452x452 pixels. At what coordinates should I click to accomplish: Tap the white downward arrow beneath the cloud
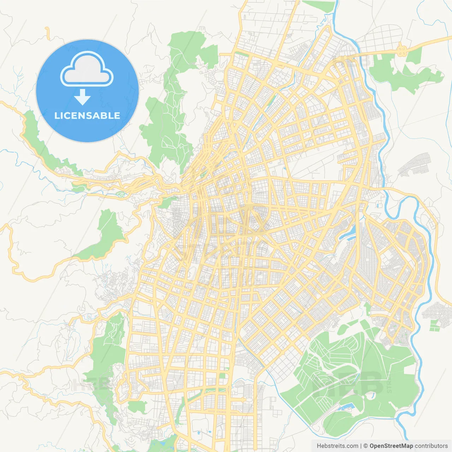[x=82, y=97]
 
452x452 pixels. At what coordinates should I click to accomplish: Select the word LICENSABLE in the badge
[x=87, y=115]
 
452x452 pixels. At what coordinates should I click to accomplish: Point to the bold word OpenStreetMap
[x=391, y=446]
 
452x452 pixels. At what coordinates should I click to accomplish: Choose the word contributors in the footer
[x=431, y=446]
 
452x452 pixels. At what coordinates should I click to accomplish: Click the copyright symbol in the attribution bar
[x=366, y=446]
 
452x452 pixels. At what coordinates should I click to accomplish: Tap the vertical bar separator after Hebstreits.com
[x=361, y=446]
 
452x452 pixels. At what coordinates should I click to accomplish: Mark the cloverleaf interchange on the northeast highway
[x=401, y=50]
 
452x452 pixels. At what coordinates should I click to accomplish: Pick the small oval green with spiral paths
[x=121, y=194]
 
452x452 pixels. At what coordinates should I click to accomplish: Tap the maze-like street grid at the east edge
[x=438, y=311]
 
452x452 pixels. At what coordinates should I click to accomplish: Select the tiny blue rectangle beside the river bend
[x=379, y=204]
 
